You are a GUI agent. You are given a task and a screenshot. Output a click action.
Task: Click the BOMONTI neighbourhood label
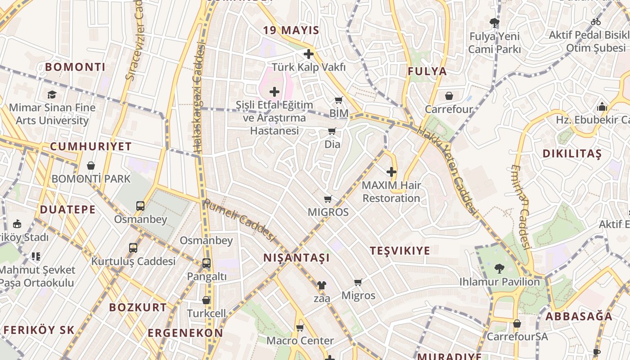click(75, 67)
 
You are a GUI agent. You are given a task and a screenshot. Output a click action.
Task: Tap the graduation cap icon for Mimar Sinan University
click(52, 94)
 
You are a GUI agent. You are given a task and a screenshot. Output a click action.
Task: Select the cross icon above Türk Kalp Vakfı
click(309, 54)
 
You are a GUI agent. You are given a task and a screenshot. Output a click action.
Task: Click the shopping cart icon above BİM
click(338, 100)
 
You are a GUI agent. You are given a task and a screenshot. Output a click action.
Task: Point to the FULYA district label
click(427, 71)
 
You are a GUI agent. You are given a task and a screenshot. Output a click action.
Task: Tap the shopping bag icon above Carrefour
click(449, 96)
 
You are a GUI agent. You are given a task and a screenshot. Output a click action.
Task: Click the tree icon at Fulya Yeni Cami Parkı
click(495, 23)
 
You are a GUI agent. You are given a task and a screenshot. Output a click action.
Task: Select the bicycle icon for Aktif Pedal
click(596, 22)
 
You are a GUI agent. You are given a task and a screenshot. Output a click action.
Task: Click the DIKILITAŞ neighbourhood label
click(571, 153)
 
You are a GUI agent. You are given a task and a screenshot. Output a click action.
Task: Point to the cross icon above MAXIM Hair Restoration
click(391, 172)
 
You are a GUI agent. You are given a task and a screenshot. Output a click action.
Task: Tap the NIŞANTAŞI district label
click(297, 258)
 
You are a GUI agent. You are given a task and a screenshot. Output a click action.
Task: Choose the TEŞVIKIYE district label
click(400, 251)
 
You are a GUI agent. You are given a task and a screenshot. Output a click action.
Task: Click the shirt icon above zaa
click(322, 285)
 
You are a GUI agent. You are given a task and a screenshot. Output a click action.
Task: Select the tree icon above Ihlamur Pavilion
click(499, 269)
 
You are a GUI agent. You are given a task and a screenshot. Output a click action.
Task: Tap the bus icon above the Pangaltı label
click(207, 263)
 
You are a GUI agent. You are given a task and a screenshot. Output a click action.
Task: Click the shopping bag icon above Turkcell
click(206, 300)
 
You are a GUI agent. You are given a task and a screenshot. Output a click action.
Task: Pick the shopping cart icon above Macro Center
click(300, 328)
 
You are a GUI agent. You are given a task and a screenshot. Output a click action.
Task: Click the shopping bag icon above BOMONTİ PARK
click(91, 166)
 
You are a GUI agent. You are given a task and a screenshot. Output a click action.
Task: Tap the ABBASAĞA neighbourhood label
click(579, 316)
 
